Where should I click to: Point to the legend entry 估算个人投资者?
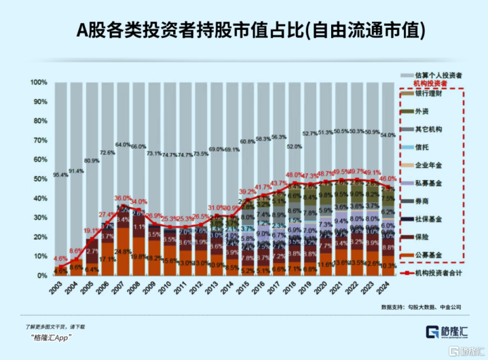tap(438, 74)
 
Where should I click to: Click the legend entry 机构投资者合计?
tap(438, 274)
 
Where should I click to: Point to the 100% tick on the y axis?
tap(38, 83)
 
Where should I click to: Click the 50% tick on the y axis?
tap(40, 179)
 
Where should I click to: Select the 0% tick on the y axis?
tap(42, 276)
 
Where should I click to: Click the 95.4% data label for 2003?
tap(60, 175)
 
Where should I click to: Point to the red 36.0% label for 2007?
tap(122, 198)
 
